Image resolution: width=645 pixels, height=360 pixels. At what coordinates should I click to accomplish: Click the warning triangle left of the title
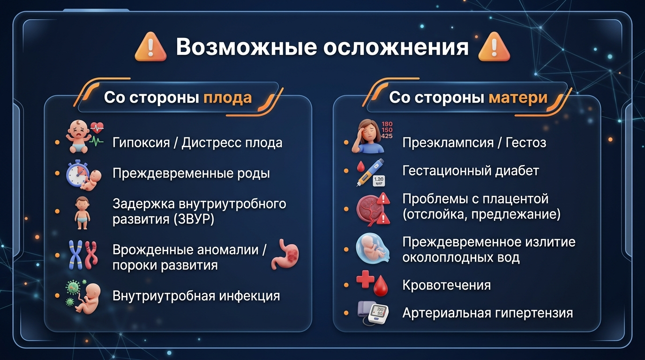pyautogui.click(x=150, y=47)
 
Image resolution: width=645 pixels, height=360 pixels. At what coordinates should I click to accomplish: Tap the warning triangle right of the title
pyautogui.click(x=494, y=47)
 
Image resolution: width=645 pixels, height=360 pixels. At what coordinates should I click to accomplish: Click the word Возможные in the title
pyautogui.click(x=247, y=47)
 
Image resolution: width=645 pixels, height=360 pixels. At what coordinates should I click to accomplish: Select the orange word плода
pyautogui.click(x=227, y=97)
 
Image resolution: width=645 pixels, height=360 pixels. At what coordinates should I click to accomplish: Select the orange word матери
pyautogui.click(x=518, y=97)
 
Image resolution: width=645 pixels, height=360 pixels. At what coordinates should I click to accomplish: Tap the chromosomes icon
pyautogui.click(x=83, y=255)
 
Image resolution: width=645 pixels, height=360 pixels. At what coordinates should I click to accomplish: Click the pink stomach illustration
pyautogui.click(x=285, y=254)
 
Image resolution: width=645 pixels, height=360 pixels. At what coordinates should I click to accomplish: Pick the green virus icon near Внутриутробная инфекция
pyautogui.click(x=73, y=290)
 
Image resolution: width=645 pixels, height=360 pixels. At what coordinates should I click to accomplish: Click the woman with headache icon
pyautogui.click(x=368, y=136)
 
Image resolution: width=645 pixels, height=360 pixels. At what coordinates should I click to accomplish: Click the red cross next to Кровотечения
pyautogui.click(x=365, y=279)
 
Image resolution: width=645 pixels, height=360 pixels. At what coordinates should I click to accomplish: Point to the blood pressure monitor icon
pyautogui.click(x=373, y=313)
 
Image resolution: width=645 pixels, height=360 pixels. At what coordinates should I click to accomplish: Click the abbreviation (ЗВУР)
pyautogui.click(x=194, y=219)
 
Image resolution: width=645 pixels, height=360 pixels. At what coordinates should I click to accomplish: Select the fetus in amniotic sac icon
pyautogui.click(x=373, y=249)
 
